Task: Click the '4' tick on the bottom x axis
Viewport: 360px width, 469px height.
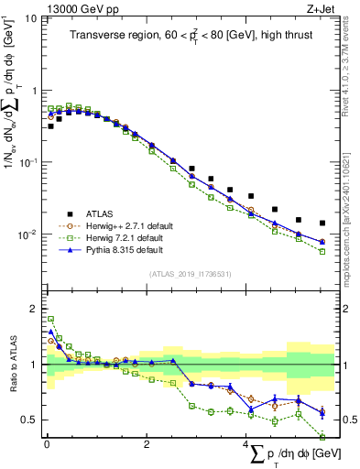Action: point(246,443)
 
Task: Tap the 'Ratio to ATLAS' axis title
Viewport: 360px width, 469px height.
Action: point(10,365)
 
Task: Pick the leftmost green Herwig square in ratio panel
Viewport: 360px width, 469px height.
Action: point(50,319)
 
